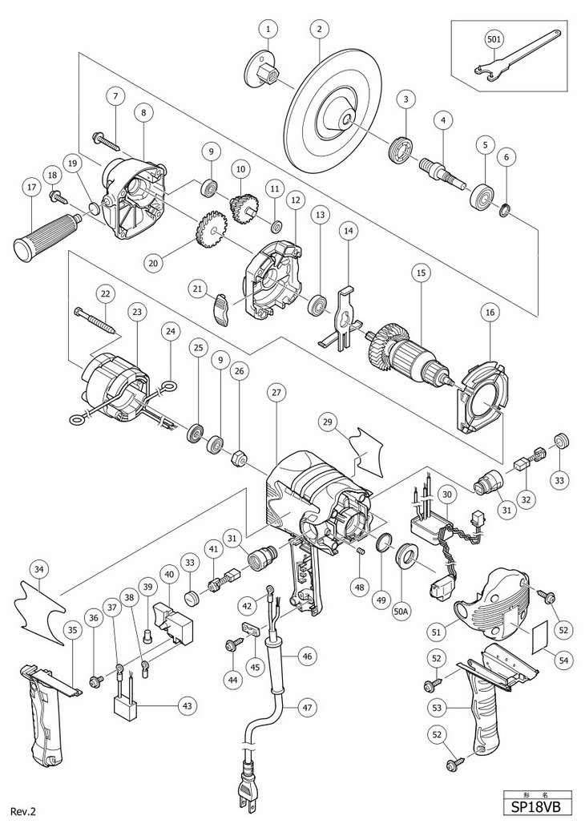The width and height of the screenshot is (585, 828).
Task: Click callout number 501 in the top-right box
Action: [x=494, y=38]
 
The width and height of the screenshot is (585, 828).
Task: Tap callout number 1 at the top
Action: [x=268, y=30]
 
